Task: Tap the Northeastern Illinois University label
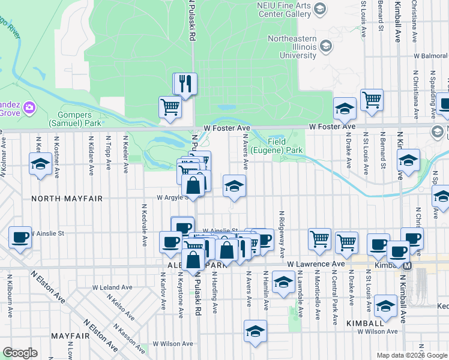tap(292, 47)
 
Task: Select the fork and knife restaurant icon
tap(185, 84)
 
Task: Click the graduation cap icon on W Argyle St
tap(234, 186)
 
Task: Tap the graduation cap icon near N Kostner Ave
tap(40, 164)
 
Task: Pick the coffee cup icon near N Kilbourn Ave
tap(20, 237)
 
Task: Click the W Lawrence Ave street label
tap(316, 264)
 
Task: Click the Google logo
tap(20, 353)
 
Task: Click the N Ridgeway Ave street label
tap(280, 234)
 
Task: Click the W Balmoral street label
tap(430, 56)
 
